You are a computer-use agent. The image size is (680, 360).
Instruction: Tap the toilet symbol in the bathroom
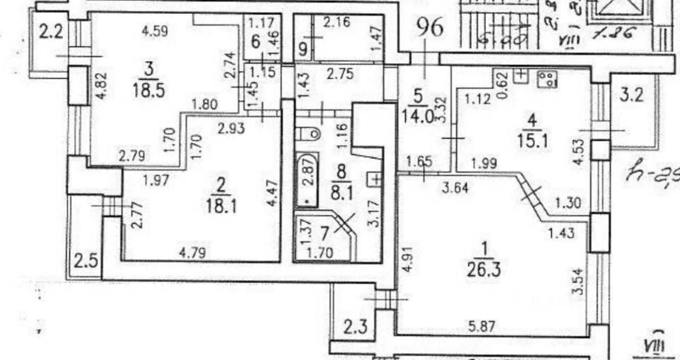click(309, 132)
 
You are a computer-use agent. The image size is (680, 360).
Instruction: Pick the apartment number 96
click(429, 28)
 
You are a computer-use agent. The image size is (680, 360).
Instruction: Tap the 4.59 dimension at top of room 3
click(155, 31)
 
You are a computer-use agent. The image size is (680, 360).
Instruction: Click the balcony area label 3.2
click(631, 96)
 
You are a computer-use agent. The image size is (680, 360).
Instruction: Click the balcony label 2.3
click(354, 325)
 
